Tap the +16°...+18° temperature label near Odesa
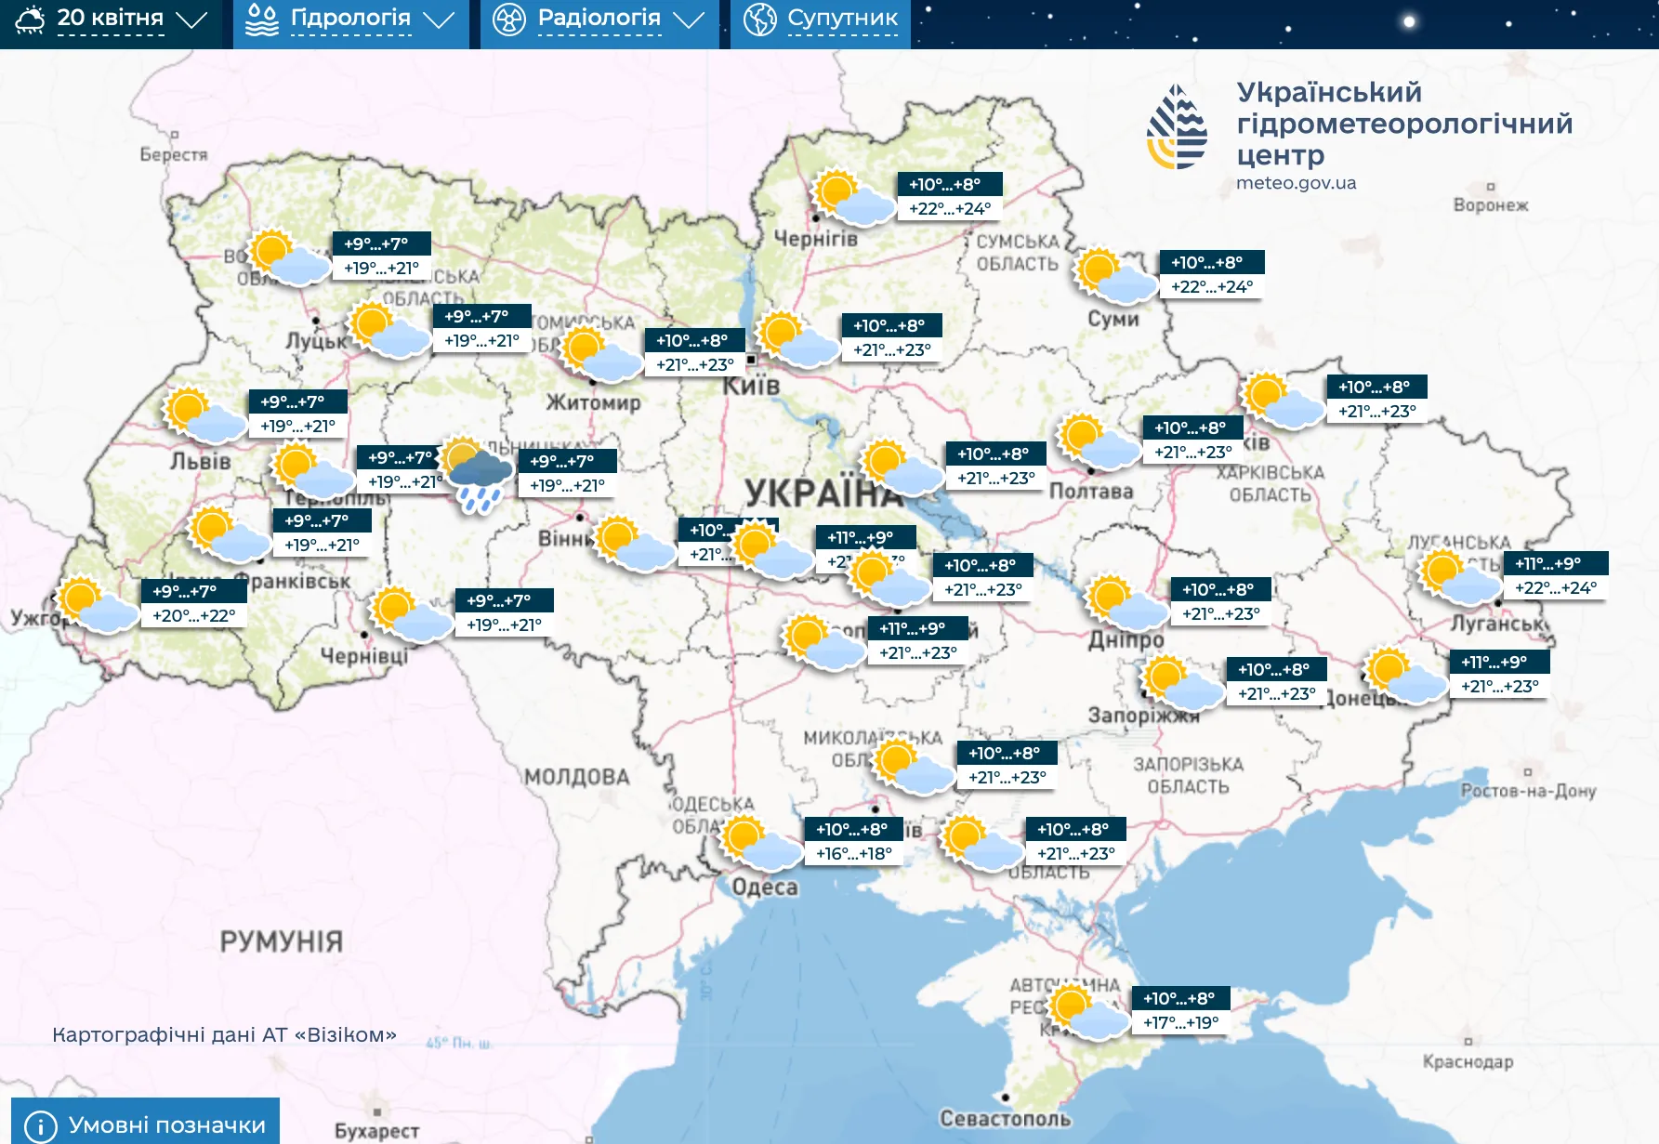(x=853, y=853)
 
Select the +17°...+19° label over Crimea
(x=1180, y=1022)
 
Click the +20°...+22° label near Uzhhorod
(x=193, y=615)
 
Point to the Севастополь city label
(x=1005, y=1118)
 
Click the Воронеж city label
(x=1490, y=205)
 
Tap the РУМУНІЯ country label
(x=281, y=941)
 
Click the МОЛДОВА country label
(x=576, y=777)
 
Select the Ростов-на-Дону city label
(x=1527, y=791)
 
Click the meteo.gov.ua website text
(x=1296, y=183)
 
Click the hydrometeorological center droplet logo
(x=1177, y=127)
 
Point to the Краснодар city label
(x=1468, y=1061)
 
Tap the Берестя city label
(x=174, y=154)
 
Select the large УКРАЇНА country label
(x=823, y=493)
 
